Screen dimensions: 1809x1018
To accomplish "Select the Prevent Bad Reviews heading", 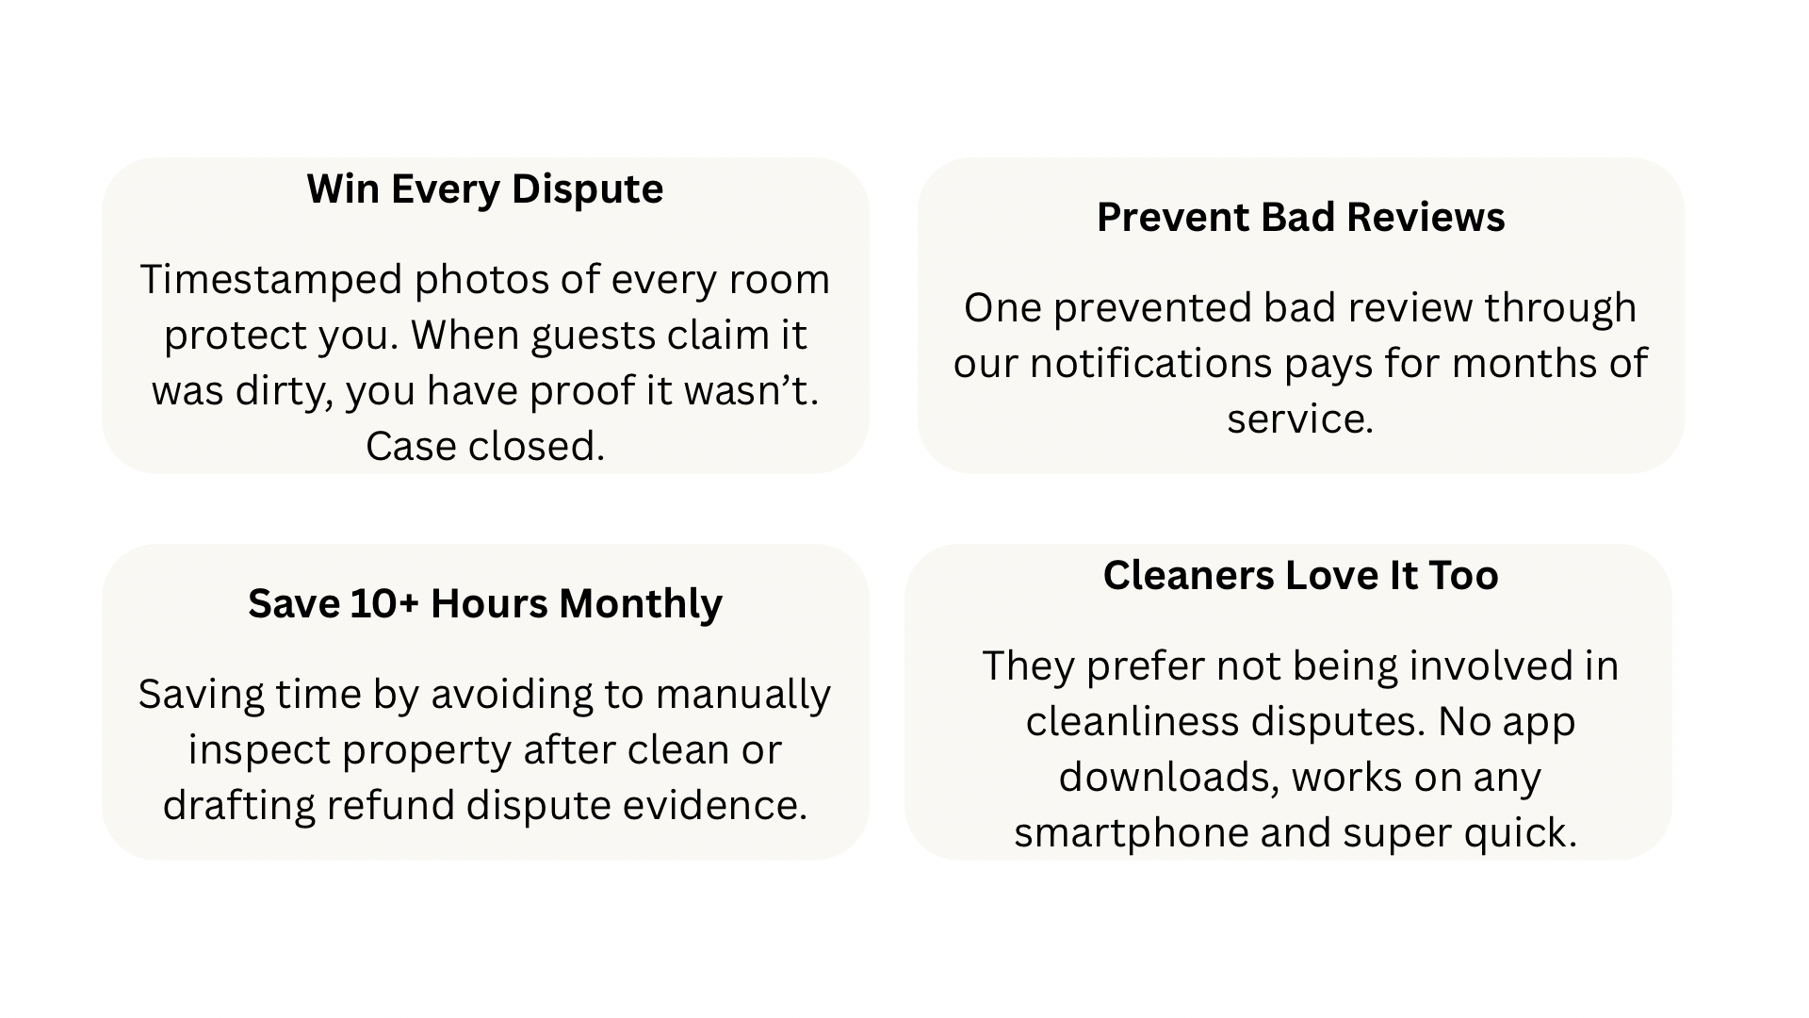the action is [x=1300, y=218].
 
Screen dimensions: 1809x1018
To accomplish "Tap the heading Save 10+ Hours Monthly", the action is [x=485, y=604].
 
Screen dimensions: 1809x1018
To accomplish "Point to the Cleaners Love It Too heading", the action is [x=1300, y=575].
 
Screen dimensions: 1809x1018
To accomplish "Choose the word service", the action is [x=1300, y=419].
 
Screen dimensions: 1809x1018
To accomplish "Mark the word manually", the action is [x=742, y=696].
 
